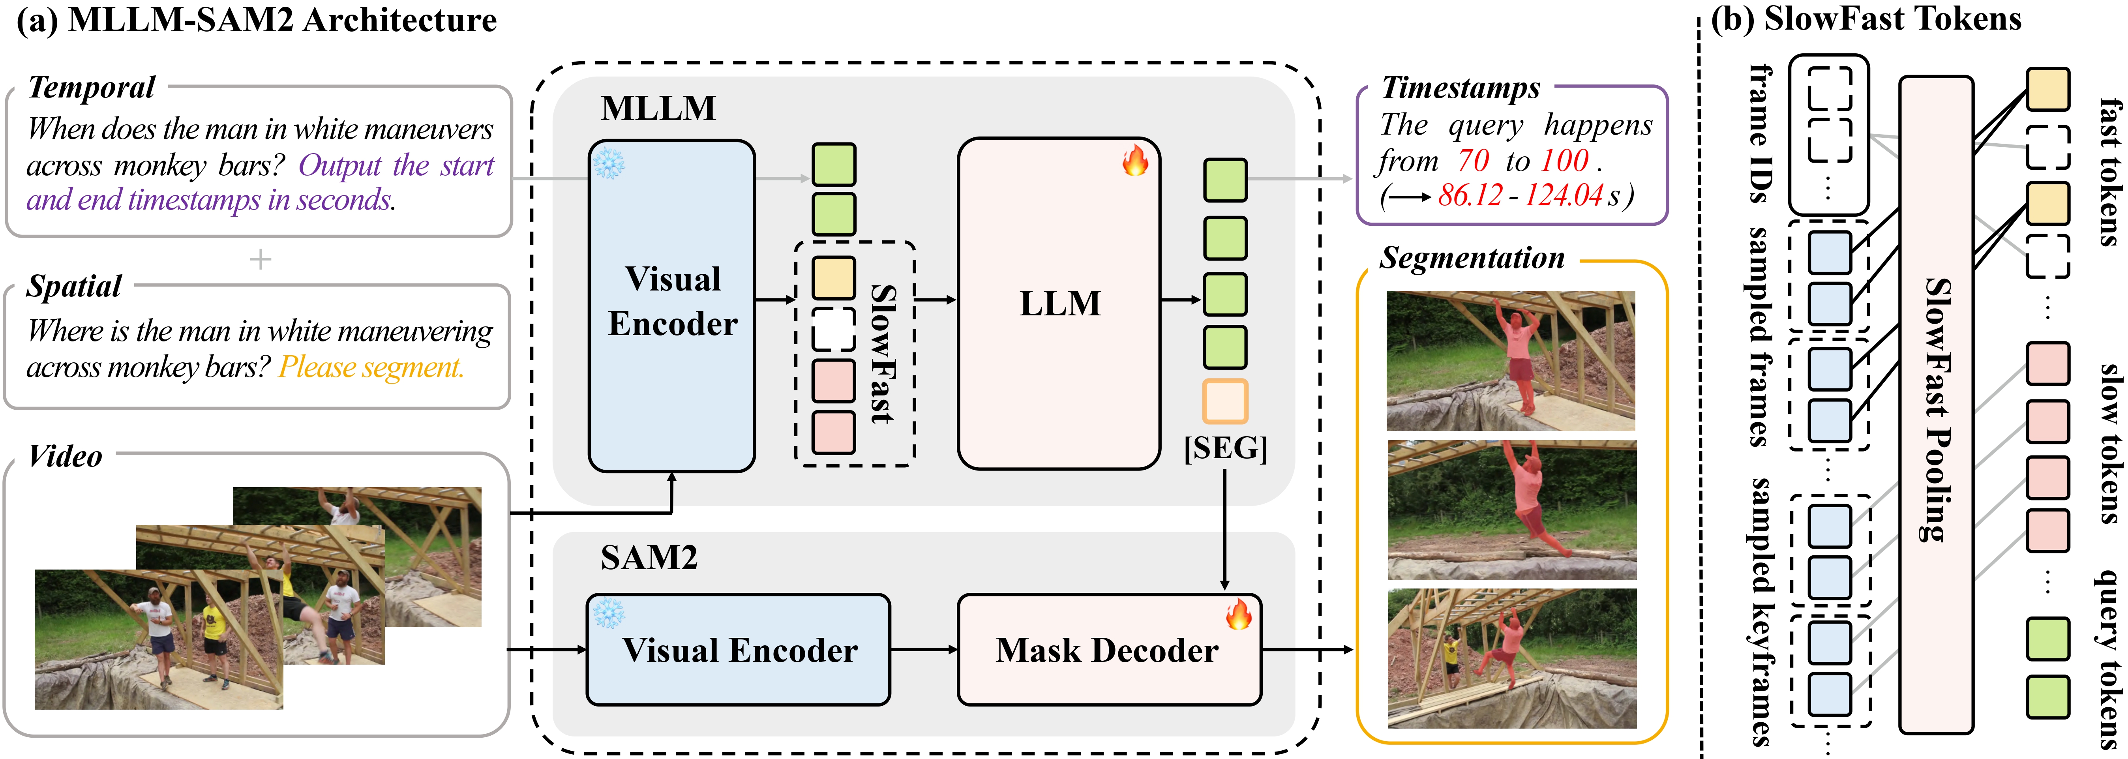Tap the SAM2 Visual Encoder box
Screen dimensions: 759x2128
point(738,650)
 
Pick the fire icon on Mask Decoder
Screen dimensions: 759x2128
point(1238,614)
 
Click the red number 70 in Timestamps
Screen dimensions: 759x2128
point(1473,160)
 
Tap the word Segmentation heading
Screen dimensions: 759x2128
point(1472,258)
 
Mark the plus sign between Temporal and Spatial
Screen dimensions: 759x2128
point(260,259)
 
